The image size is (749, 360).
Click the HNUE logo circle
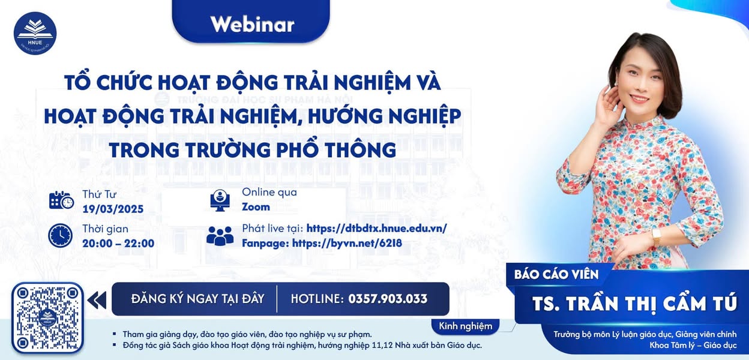tap(35, 34)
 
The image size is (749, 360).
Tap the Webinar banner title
tap(252, 24)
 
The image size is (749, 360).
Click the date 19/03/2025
tap(113, 209)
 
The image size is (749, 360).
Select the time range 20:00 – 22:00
tap(118, 243)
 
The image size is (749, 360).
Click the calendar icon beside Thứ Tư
tap(61, 200)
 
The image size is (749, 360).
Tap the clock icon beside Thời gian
tap(60, 235)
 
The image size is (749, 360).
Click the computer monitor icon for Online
tap(220, 200)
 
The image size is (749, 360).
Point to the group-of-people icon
tap(220, 235)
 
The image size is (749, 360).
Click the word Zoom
tap(256, 207)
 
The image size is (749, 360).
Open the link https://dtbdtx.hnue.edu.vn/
tap(376, 228)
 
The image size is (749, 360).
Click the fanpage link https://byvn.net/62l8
tap(347, 243)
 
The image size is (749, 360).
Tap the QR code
tap(47, 317)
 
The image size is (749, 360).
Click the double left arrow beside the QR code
tap(97, 299)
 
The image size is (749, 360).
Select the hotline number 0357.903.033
tap(388, 299)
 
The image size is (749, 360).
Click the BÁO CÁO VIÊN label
tap(556, 274)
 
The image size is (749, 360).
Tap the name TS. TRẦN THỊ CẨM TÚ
tap(634, 304)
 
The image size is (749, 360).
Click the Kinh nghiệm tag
tap(465, 326)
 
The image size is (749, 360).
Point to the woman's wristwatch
tap(656, 236)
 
